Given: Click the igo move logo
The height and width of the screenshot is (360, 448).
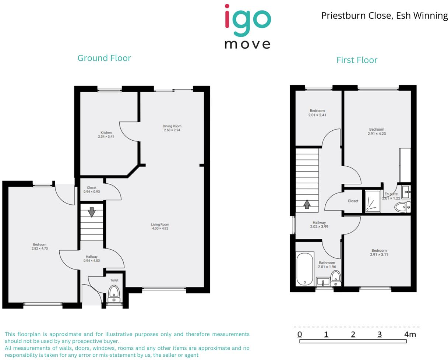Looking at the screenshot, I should coord(248,27).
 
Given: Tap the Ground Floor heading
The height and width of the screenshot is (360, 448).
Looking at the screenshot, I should coord(104,58).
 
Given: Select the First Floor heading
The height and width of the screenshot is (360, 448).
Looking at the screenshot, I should coord(357,60).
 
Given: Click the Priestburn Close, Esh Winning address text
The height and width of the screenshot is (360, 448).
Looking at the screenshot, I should coord(384,16).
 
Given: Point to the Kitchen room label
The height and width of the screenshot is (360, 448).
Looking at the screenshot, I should coord(106,133).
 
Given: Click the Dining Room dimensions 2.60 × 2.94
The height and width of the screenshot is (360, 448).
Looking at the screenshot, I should coord(172,130).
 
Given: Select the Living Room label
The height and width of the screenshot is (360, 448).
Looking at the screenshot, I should coord(160,225).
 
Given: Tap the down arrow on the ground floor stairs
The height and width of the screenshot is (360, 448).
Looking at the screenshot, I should coord(92,212).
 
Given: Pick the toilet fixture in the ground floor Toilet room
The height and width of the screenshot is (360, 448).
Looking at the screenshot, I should coord(114,293).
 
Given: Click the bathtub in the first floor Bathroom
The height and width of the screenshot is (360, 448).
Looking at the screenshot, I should coord(305,269).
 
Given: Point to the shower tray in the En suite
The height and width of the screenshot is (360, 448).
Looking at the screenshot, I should coord(372,201).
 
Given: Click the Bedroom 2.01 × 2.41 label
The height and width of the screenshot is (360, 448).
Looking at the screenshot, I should coord(317,113).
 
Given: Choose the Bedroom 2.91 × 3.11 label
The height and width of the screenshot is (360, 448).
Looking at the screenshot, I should coord(379,253).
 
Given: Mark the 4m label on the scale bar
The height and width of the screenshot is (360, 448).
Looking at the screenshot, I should coord(410,335).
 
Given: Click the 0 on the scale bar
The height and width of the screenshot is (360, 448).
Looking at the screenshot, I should coord(300,335).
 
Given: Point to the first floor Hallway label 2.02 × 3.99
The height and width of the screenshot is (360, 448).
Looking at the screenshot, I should coord(319,225).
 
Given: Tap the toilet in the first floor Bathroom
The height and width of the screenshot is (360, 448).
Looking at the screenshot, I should coord(335,278).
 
